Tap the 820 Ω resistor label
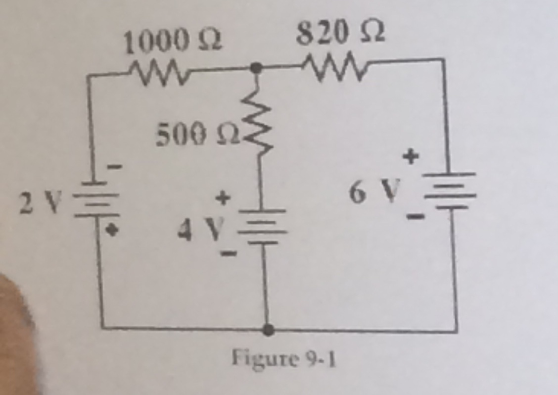341,35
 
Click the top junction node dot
255,68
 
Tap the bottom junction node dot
268,329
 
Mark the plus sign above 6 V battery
410,157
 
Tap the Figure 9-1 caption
283,358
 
